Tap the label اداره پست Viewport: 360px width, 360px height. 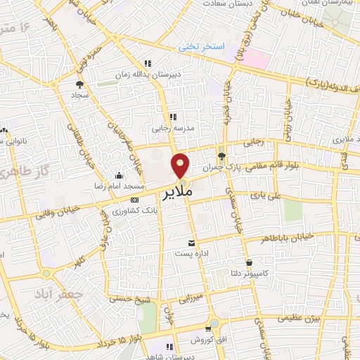tap(191, 253)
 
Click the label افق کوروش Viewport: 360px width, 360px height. tap(209, 340)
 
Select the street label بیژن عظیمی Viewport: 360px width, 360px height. tap(300, 318)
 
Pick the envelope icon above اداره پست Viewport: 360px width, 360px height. tap(191, 241)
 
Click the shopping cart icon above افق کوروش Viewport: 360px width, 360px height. tap(209, 328)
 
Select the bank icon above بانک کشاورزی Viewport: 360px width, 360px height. tap(134, 200)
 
